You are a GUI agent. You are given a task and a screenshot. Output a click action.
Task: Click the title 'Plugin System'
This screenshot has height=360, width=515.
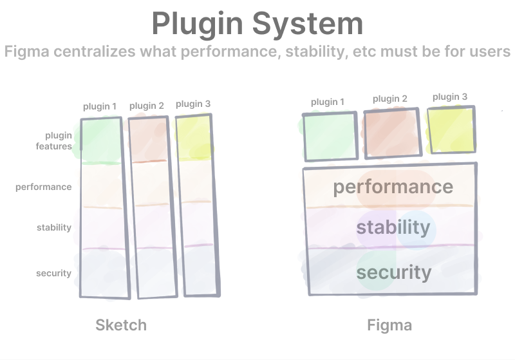tap(257, 24)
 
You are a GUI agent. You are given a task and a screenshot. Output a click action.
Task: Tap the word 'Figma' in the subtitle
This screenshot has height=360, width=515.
tap(27, 52)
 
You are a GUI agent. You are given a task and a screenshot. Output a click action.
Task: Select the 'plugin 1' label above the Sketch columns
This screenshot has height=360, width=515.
tap(100, 107)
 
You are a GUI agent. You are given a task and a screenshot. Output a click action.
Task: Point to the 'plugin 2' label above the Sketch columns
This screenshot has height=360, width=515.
tap(147, 106)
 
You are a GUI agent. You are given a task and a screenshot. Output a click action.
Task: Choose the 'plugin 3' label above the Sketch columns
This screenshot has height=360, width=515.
tap(193, 104)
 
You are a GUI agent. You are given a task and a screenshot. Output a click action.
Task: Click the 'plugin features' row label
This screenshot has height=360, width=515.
tap(54, 141)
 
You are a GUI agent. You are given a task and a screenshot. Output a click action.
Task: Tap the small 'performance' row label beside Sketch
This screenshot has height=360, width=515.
tap(44, 187)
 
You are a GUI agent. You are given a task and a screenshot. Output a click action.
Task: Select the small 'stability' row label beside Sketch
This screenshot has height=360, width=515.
tap(54, 227)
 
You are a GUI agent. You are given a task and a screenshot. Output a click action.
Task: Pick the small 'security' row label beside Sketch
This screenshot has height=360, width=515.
tap(54, 273)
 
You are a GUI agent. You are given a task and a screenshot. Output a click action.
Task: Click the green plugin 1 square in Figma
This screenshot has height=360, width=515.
tap(330, 137)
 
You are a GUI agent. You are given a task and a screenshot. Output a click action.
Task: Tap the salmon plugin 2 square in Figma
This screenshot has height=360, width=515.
tap(393, 133)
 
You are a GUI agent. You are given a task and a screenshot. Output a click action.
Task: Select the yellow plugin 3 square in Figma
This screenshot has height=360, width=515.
tap(451, 129)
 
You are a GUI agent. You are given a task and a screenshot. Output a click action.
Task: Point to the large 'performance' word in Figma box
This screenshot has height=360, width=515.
tap(393, 187)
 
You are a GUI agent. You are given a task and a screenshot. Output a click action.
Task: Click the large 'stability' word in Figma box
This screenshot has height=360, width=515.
tap(393, 227)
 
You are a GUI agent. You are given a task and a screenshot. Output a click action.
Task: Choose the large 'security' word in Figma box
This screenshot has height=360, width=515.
tap(394, 272)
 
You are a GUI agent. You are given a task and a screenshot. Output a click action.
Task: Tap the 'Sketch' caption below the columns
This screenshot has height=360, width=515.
tap(121, 325)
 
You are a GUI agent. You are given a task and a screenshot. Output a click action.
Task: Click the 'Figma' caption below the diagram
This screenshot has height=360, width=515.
tap(389, 325)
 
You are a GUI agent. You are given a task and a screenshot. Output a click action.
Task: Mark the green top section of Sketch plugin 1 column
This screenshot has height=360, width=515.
tap(101, 140)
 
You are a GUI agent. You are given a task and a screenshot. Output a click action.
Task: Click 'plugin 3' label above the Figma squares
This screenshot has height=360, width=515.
tap(450, 97)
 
